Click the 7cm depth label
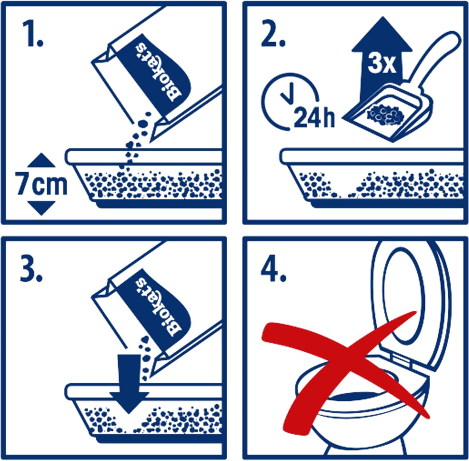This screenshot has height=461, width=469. click(x=41, y=185)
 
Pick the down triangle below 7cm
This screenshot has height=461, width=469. click(x=41, y=208)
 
